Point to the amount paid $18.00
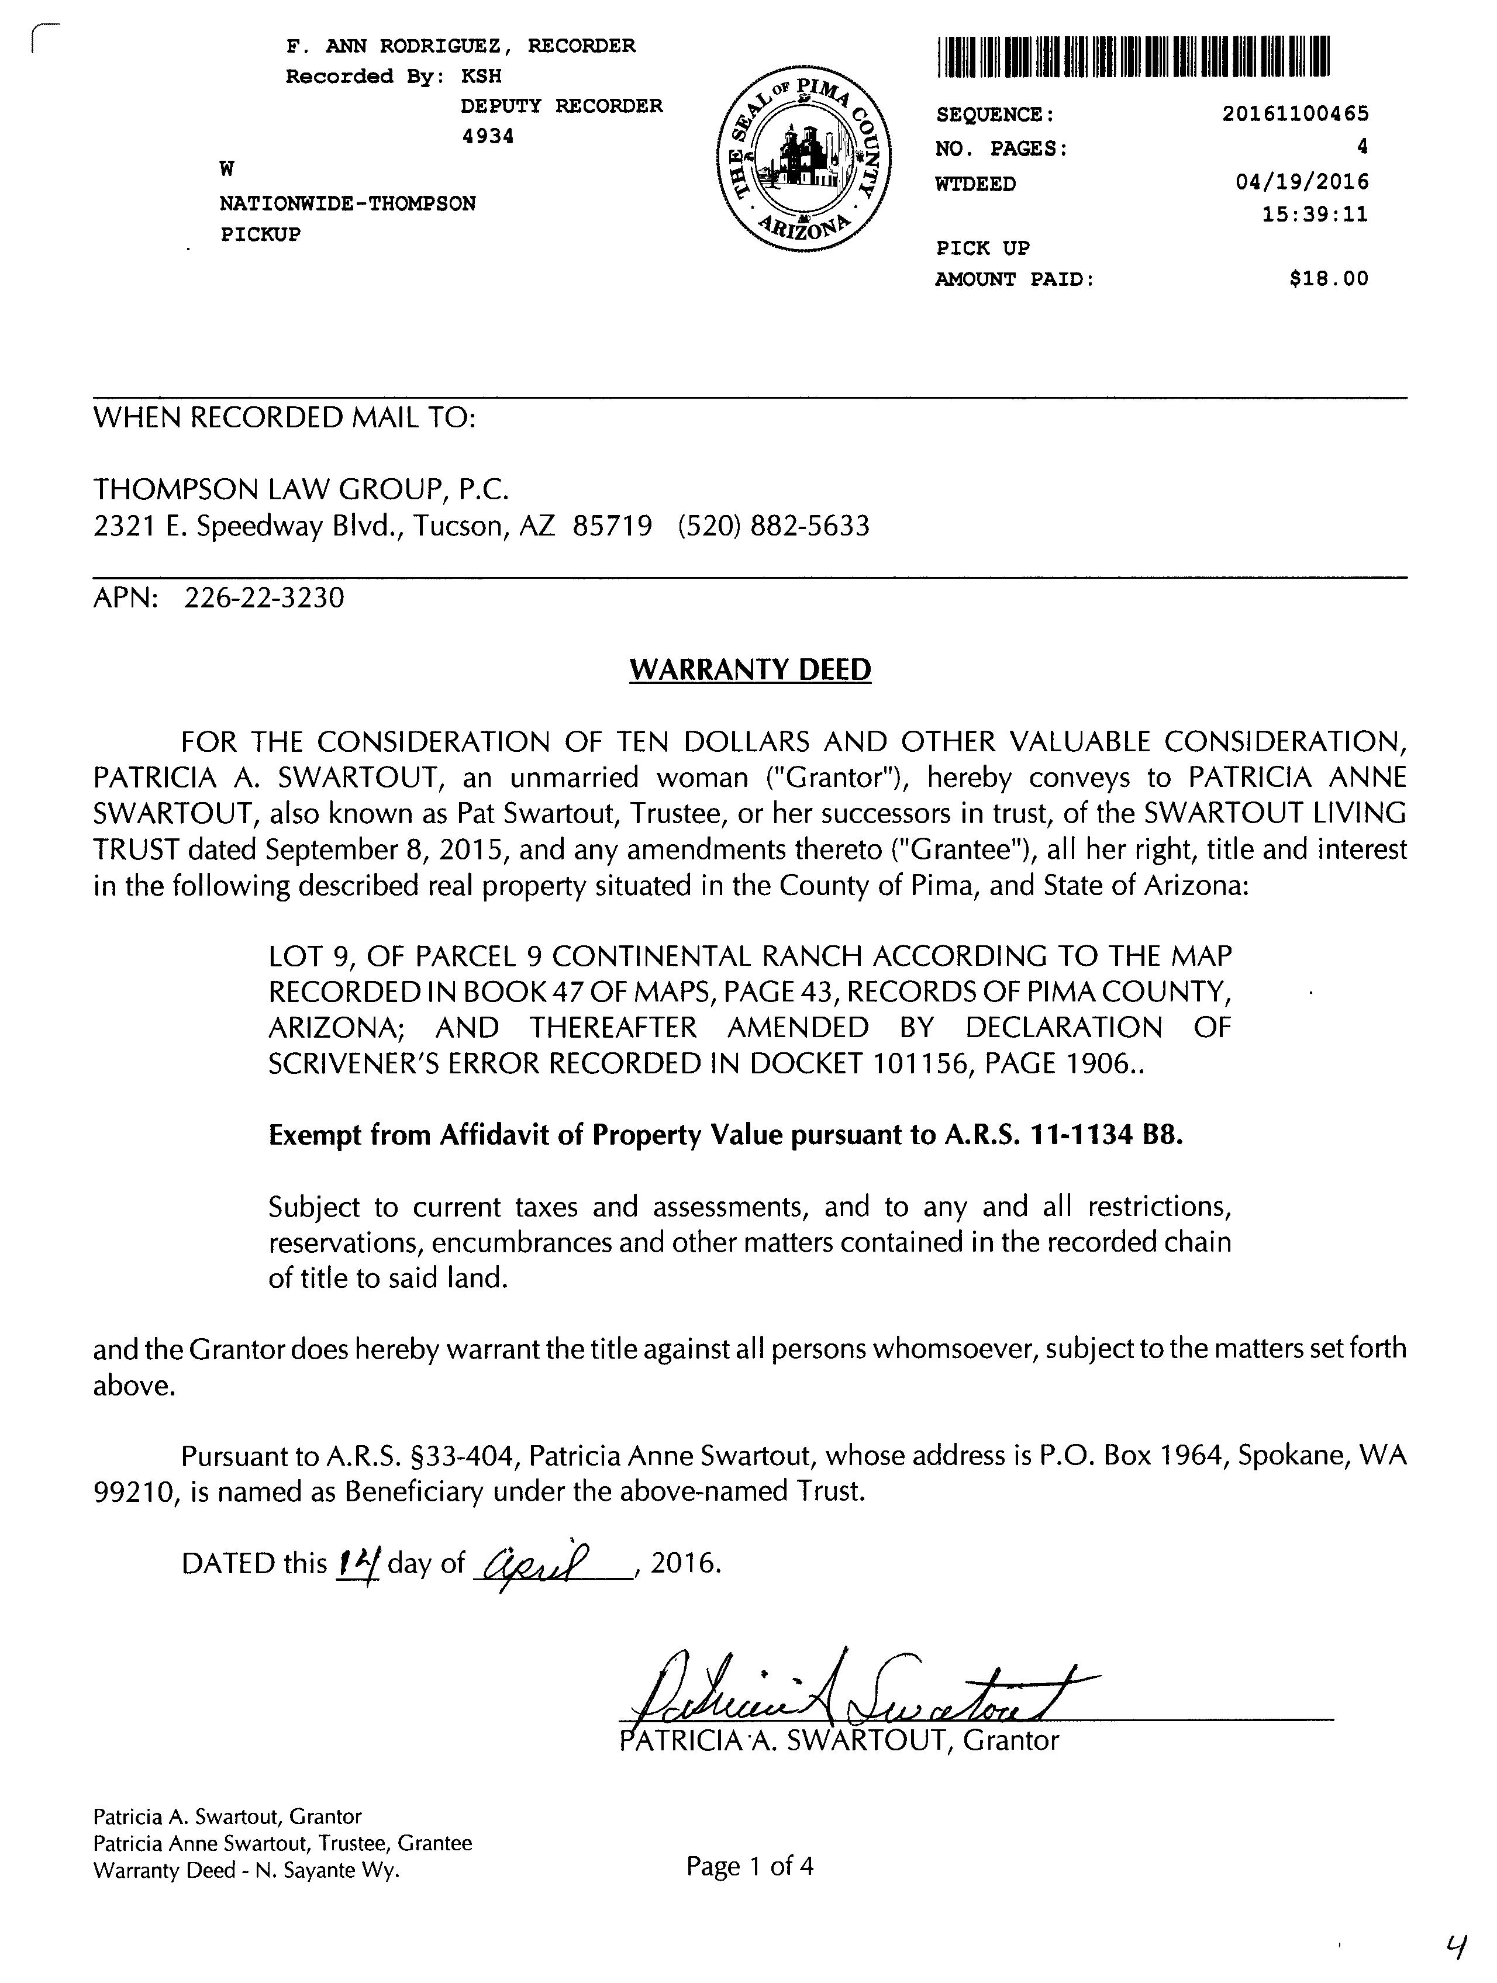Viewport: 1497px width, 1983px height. pos(1329,279)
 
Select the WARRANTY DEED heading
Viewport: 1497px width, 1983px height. pos(750,669)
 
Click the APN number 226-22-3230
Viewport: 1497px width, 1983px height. pos(264,598)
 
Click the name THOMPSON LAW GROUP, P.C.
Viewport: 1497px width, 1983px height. pos(301,489)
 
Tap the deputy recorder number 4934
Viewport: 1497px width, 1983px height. pos(487,136)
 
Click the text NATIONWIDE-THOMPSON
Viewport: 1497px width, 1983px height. pos(348,203)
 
